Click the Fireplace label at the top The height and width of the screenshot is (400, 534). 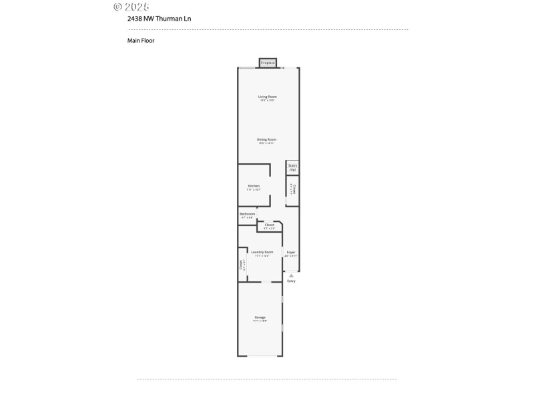coord(268,63)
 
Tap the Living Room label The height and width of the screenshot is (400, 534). coord(268,97)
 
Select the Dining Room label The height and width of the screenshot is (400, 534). coord(267,139)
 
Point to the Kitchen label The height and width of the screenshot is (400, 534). coord(254,186)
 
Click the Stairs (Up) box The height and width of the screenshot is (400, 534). coord(292,167)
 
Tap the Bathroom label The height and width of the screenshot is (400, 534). coord(247,214)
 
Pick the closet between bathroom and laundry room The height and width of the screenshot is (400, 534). coord(270,225)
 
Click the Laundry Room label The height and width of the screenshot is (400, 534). coord(262,252)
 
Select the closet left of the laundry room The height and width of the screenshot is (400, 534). coord(242,264)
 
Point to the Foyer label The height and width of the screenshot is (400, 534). coord(290,252)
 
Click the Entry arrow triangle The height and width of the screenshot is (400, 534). coord(291,275)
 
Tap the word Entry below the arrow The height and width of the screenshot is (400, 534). coord(291,281)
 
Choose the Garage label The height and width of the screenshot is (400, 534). coord(260,317)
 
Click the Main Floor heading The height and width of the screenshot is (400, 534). coord(141,40)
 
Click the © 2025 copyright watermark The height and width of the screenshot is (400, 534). coord(131,7)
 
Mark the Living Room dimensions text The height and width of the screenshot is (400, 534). coord(268,101)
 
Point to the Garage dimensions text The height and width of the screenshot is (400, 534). coord(260,321)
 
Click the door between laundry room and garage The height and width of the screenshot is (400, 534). coord(266,282)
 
